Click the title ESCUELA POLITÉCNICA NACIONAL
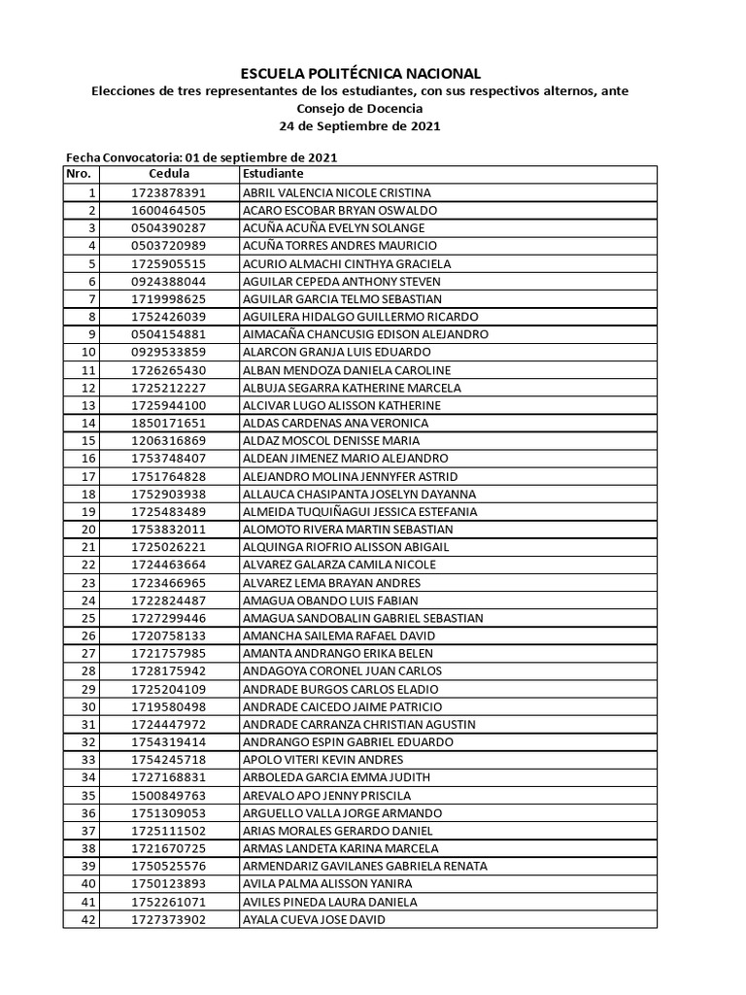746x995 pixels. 359,73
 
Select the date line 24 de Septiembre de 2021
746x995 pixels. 359,126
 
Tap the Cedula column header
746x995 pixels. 169,174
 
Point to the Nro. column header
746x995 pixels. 78,174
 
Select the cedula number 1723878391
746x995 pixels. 169,192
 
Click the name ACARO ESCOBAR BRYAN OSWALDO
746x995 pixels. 340,210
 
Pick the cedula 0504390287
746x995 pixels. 169,227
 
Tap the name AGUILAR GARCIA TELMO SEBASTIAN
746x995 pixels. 342,298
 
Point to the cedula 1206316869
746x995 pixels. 169,440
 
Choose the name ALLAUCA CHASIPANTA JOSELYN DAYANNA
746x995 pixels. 359,494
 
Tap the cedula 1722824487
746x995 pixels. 169,600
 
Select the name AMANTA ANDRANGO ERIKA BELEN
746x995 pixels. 338,653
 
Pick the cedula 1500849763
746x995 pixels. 169,795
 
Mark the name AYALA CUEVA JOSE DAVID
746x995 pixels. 314,919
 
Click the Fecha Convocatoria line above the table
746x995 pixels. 201,157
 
